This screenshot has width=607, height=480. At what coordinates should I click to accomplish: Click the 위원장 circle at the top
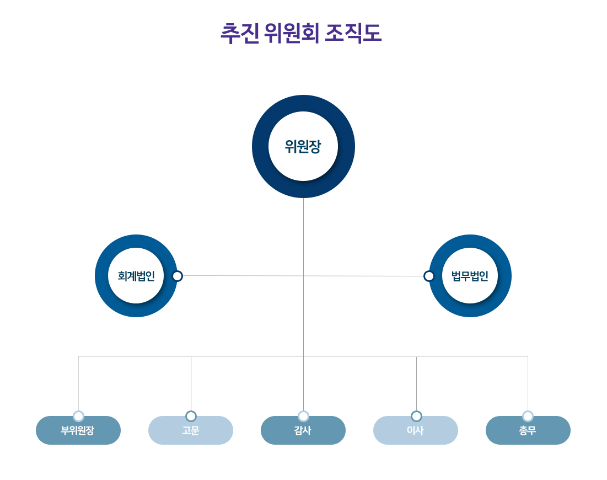[303, 146]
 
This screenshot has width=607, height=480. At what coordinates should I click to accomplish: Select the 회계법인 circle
[136, 276]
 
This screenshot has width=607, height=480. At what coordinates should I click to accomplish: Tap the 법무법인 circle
[470, 276]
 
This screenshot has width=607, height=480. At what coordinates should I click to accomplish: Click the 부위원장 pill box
[78, 431]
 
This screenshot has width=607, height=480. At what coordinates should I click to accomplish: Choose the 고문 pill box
[191, 431]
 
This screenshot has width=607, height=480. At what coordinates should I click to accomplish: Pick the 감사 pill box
[303, 431]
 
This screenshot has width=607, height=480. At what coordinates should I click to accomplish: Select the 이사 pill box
[416, 431]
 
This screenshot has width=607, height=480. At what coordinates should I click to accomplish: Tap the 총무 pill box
[528, 431]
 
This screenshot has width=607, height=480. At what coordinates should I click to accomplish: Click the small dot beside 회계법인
[177, 276]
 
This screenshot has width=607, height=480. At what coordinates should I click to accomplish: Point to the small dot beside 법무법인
[429, 276]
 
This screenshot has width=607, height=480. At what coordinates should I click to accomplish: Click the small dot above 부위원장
[78, 416]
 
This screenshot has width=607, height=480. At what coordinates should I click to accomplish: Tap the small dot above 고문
[191, 416]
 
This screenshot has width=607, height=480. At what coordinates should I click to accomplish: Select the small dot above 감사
[303, 416]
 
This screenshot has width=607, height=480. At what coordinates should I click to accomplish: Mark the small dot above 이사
[416, 416]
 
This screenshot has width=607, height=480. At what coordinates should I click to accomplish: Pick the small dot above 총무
[528, 416]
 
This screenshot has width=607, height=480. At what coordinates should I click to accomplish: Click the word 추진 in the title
[239, 34]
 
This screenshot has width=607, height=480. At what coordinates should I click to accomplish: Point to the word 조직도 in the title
[353, 34]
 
